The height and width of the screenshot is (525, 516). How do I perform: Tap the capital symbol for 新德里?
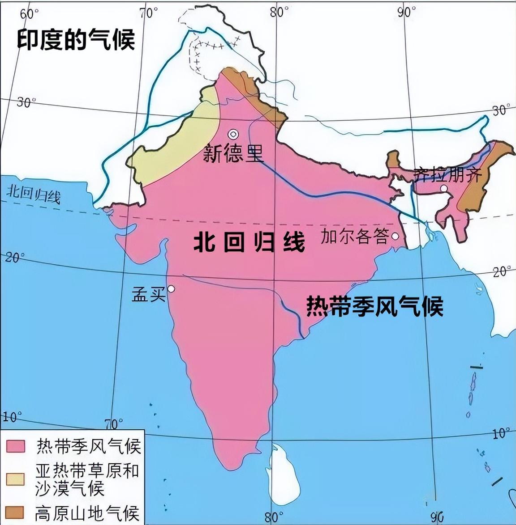[233, 134]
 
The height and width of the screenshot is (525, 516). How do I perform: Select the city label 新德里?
[233, 154]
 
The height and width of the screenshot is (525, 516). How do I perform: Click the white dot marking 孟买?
[171, 289]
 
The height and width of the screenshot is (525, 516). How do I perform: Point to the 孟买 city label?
[148, 294]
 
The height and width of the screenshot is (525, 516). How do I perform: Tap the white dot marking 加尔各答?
[395, 236]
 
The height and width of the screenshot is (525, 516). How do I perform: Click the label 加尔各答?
[354, 236]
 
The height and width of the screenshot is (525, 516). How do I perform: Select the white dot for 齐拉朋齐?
[443, 189]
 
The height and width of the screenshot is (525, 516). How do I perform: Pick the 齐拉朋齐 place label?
[448, 175]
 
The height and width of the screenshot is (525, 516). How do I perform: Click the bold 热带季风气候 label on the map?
[374, 306]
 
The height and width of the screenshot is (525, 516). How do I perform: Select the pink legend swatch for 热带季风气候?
[15, 446]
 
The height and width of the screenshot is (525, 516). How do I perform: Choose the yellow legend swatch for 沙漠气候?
[15, 478]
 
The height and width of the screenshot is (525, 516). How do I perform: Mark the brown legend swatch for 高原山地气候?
[15, 512]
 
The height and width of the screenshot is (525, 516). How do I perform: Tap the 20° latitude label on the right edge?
[501, 271]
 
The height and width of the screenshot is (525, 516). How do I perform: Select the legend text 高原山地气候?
[87, 512]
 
